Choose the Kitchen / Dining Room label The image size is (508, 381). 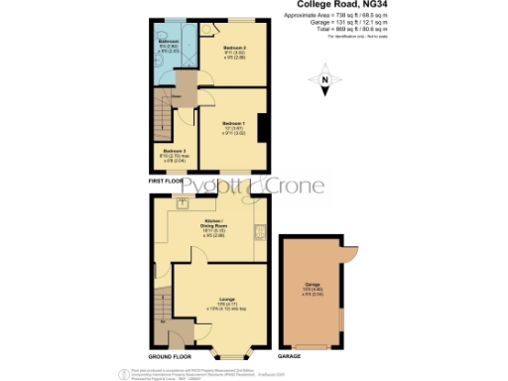click(x=215, y=227)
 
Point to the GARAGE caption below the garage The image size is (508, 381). click(x=290, y=355)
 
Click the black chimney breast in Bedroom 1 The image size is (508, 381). click(x=261, y=130)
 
